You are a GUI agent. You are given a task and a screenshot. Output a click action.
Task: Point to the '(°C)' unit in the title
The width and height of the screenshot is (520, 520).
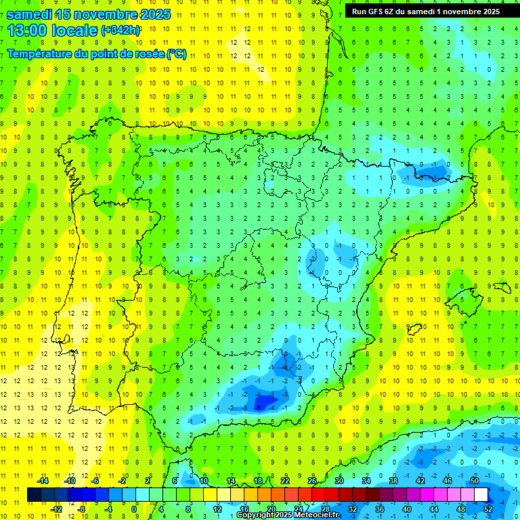click(177, 54)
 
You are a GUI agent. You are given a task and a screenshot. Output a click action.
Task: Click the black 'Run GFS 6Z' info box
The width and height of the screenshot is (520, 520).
click(423, 11)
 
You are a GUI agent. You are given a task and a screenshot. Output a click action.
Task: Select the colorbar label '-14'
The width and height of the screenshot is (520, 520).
click(43, 481)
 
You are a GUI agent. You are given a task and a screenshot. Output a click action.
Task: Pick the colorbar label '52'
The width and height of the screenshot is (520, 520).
click(488, 509)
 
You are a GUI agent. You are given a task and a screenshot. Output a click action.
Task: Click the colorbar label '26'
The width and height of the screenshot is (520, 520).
click(312, 481)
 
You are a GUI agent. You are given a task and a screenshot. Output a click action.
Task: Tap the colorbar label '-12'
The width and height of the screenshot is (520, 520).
click(56, 509)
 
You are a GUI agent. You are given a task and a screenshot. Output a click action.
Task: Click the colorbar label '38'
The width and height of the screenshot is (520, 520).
click(393, 481)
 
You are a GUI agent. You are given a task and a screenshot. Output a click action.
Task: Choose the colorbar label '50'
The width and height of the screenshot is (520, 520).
click(475, 481)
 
